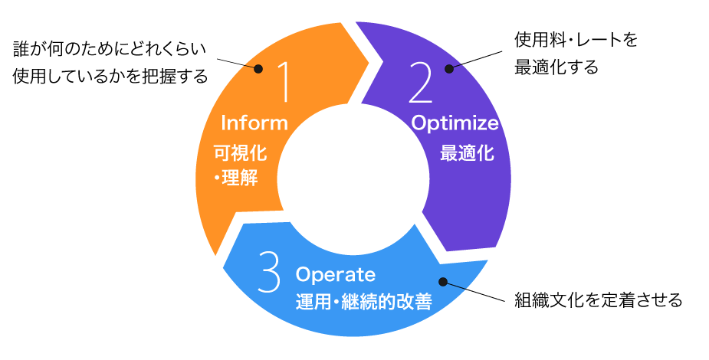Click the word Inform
(x=254, y=123)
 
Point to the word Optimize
(x=455, y=123)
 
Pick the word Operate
(x=336, y=273)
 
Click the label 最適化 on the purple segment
(x=466, y=153)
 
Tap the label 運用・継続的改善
(x=363, y=302)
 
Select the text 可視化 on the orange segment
(x=240, y=153)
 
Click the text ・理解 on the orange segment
(x=236, y=179)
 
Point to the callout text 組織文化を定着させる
(x=598, y=299)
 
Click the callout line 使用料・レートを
(x=575, y=40)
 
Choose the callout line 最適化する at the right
(x=556, y=67)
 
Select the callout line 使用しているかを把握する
(x=110, y=77)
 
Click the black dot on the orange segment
(x=258, y=69)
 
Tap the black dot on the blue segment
(x=442, y=283)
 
